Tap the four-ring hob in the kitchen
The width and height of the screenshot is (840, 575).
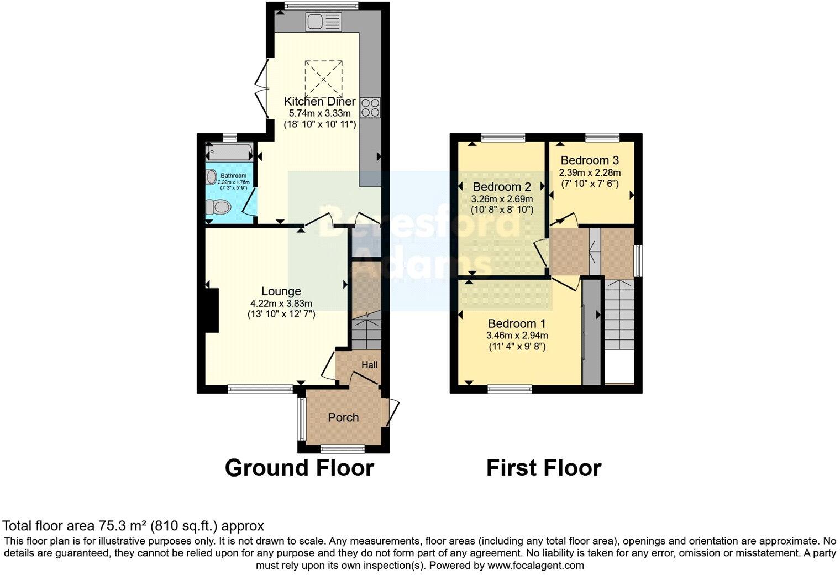click(x=370, y=107)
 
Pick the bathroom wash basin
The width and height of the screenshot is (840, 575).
click(x=211, y=177)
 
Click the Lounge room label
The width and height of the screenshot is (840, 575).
click(x=281, y=291)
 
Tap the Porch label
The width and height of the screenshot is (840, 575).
click(x=343, y=417)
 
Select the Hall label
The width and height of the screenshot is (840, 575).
click(x=369, y=365)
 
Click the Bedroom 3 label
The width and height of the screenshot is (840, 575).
click(x=590, y=160)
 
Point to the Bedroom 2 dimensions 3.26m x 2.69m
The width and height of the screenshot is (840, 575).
click(x=502, y=199)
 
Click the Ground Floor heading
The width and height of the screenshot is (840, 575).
click(x=300, y=468)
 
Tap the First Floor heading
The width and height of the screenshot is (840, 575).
click(x=544, y=468)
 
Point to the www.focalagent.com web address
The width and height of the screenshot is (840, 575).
click(x=535, y=566)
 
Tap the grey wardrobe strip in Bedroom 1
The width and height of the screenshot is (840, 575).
click(x=591, y=332)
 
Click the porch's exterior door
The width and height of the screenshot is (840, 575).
click(x=393, y=412)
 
